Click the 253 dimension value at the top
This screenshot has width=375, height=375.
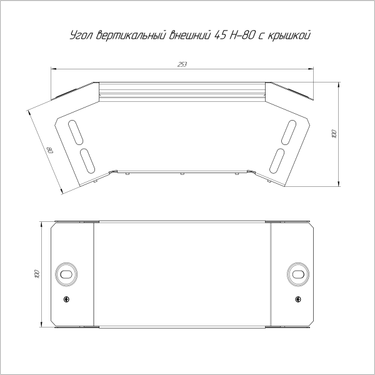(x=182, y=64)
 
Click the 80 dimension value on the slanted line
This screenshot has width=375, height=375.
(x=50, y=150)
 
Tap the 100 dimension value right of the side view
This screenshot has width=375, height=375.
(x=334, y=134)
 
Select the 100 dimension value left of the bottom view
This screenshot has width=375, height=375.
(x=37, y=274)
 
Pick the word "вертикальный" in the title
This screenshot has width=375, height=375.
(x=131, y=35)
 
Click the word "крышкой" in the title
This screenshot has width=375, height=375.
(x=289, y=36)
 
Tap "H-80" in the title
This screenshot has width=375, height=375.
(x=241, y=35)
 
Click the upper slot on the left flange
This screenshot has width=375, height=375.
(x=76, y=132)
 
